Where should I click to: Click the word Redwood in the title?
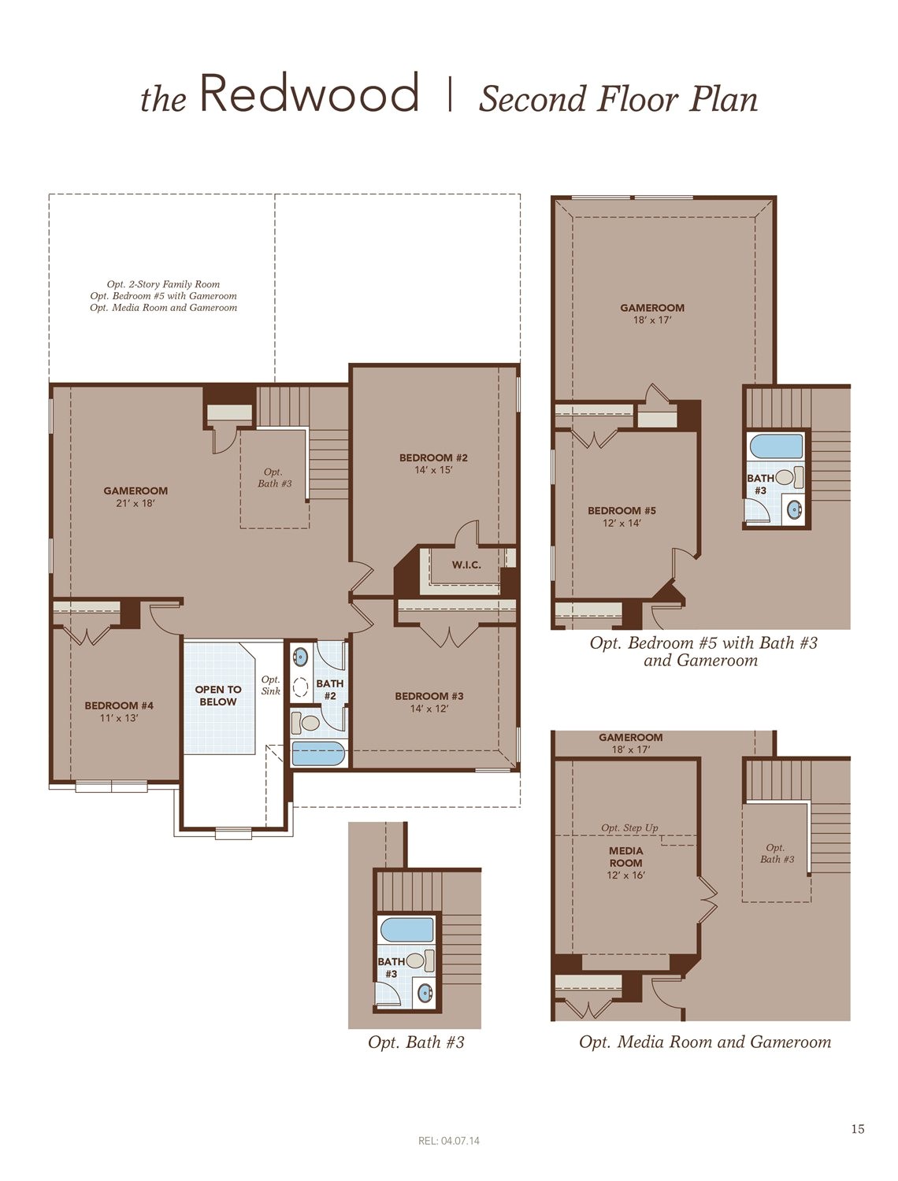click(309, 94)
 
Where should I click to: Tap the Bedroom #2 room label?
click(433, 458)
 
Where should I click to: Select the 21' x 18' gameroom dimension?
click(135, 503)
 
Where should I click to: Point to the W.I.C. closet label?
click(466, 565)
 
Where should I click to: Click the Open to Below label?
click(218, 696)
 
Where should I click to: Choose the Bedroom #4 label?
click(119, 705)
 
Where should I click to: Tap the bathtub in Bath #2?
click(318, 753)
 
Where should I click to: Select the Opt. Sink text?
click(271, 686)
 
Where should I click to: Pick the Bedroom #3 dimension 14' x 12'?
click(429, 709)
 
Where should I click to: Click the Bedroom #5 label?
click(622, 511)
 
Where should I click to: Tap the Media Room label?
click(625, 857)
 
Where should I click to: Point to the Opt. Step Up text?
click(629, 828)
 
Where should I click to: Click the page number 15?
click(858, 1129)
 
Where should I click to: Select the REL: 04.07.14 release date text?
click(449, 1141)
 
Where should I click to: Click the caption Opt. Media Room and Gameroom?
click(705, 1042)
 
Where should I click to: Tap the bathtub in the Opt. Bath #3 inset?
click(406, 930)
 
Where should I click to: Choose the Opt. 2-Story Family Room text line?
click(163, 284)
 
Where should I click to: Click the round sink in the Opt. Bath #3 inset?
click(425, 991)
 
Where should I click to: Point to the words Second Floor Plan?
click(618, 99)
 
